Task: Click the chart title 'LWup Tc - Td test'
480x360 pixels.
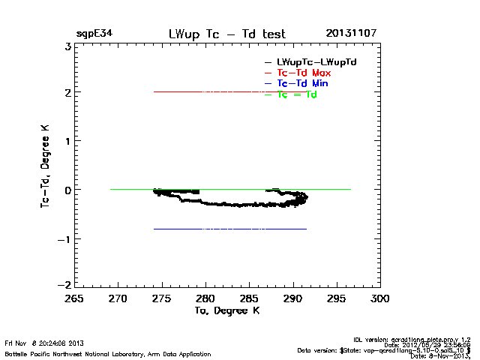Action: (x=227, y=34)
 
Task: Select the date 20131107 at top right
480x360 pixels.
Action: (x=351, y=34)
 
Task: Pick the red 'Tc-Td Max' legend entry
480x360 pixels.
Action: (x=304, y=73)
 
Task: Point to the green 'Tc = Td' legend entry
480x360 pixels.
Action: (x=298, y=94)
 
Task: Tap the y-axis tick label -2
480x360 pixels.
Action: (x=64, y=285)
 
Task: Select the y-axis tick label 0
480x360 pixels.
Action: (x=68, y=190)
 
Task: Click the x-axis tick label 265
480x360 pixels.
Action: (x=73, y=299)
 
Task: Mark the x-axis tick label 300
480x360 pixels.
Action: (x=380, y=299)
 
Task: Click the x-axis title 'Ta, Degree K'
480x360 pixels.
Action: (x=227, y=310)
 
